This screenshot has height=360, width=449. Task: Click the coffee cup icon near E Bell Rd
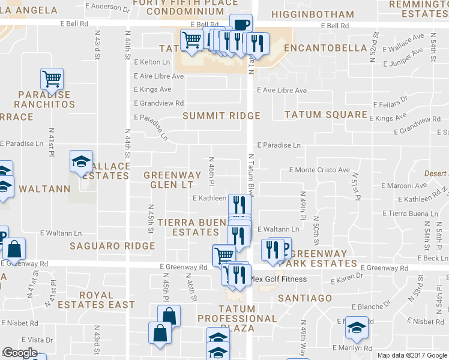click(x=241, y=25)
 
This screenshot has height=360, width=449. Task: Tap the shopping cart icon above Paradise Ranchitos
click(x=52, y=78)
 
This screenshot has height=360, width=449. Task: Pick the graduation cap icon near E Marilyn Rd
click(x=357, y=328)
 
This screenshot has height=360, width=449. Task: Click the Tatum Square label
click(x=325, y=115)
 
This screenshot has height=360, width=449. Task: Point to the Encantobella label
click(x=325, y=48)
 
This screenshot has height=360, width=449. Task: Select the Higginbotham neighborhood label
click(x=313, y=14)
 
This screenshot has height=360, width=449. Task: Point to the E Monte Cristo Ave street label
click(x=319, y=170)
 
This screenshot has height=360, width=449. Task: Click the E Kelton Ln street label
click(x=152, y=62)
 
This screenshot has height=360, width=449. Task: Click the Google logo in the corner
click(x=20, y=353)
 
